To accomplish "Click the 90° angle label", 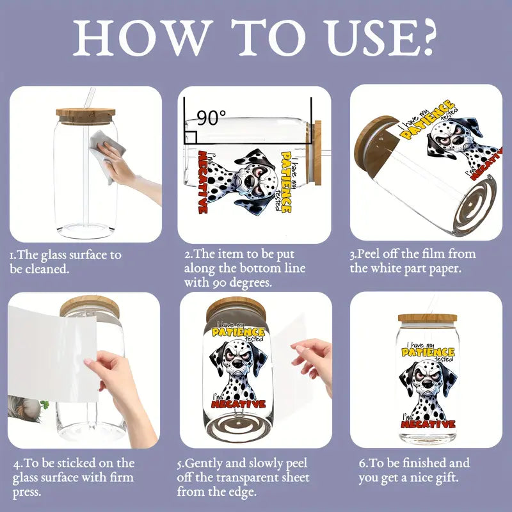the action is tap(211, 118).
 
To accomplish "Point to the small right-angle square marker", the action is tap(191, 137).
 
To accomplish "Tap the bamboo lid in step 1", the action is tap(86, 116).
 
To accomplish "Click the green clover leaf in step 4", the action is tap(45, 405).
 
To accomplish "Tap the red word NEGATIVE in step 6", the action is tap(428, 424).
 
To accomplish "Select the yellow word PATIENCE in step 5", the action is tap(238, 332).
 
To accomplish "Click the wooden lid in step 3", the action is tap(376, 141).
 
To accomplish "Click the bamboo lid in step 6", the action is tap(428, 318).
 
